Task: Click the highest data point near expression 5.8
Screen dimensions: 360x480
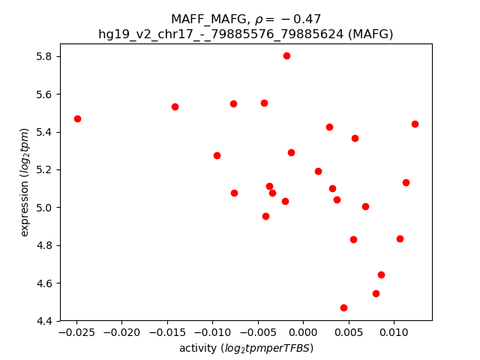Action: pyautogui.click(x=286, y=55)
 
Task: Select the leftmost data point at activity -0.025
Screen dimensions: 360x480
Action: pyautogui.click(x=77, y=118)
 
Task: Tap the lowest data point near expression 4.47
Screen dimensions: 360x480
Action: pyautogui.click(x=343, y=307)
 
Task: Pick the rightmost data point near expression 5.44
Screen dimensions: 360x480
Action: pyautogui.click(x=415, y=124)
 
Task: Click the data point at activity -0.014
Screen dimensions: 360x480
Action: pyautogui.click(x=175, y=106)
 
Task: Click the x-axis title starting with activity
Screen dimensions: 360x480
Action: pyautogui.click(x=246, y=348)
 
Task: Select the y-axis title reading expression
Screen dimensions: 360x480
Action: pyautogui.click(x=25, y=182)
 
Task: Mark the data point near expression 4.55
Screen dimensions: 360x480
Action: pyautogui.click(x=376, y=293)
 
